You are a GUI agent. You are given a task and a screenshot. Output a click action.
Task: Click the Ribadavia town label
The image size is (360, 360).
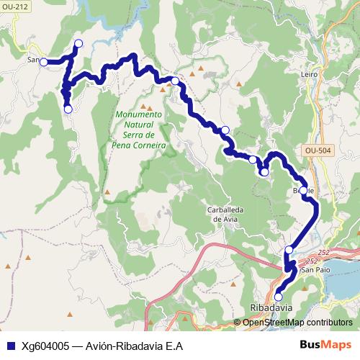click(x=271, y=307)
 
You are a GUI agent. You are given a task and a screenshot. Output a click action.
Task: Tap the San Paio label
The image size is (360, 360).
click(x=315, y=269)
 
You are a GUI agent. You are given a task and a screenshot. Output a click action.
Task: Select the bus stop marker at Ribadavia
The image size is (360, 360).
click(x=278, y=295)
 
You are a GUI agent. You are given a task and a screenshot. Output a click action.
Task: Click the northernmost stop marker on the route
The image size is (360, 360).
click(x=78, y=44)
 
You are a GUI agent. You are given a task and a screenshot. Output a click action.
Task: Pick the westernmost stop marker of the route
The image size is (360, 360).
click(x=43, y=62)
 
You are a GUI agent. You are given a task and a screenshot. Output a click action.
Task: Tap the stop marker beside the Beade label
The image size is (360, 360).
click(x=303, y=191)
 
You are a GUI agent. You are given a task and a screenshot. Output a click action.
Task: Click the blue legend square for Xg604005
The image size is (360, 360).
click(x=8, y=345)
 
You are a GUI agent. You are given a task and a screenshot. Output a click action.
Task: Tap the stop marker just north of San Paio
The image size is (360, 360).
click(x=289, y=250)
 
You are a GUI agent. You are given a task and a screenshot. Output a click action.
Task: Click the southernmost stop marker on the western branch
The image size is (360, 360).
click(x=68, y=109)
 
